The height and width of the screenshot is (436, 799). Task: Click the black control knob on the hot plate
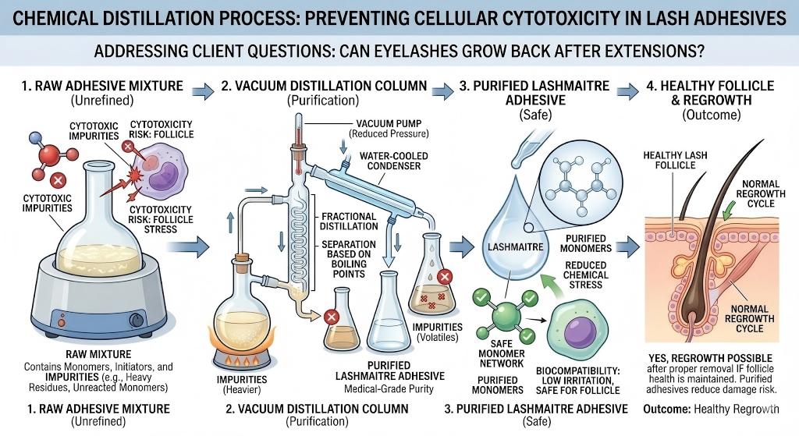coord(138,318)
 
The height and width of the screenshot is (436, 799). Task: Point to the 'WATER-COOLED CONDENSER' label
coord(393,162)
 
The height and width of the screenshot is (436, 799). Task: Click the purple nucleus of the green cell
coord(582,327)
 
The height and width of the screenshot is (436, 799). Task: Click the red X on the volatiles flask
coord(446,276)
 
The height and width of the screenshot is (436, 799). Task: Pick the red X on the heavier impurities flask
coord(330,317)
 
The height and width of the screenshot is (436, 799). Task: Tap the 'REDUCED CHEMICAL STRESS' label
coord(585,275)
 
